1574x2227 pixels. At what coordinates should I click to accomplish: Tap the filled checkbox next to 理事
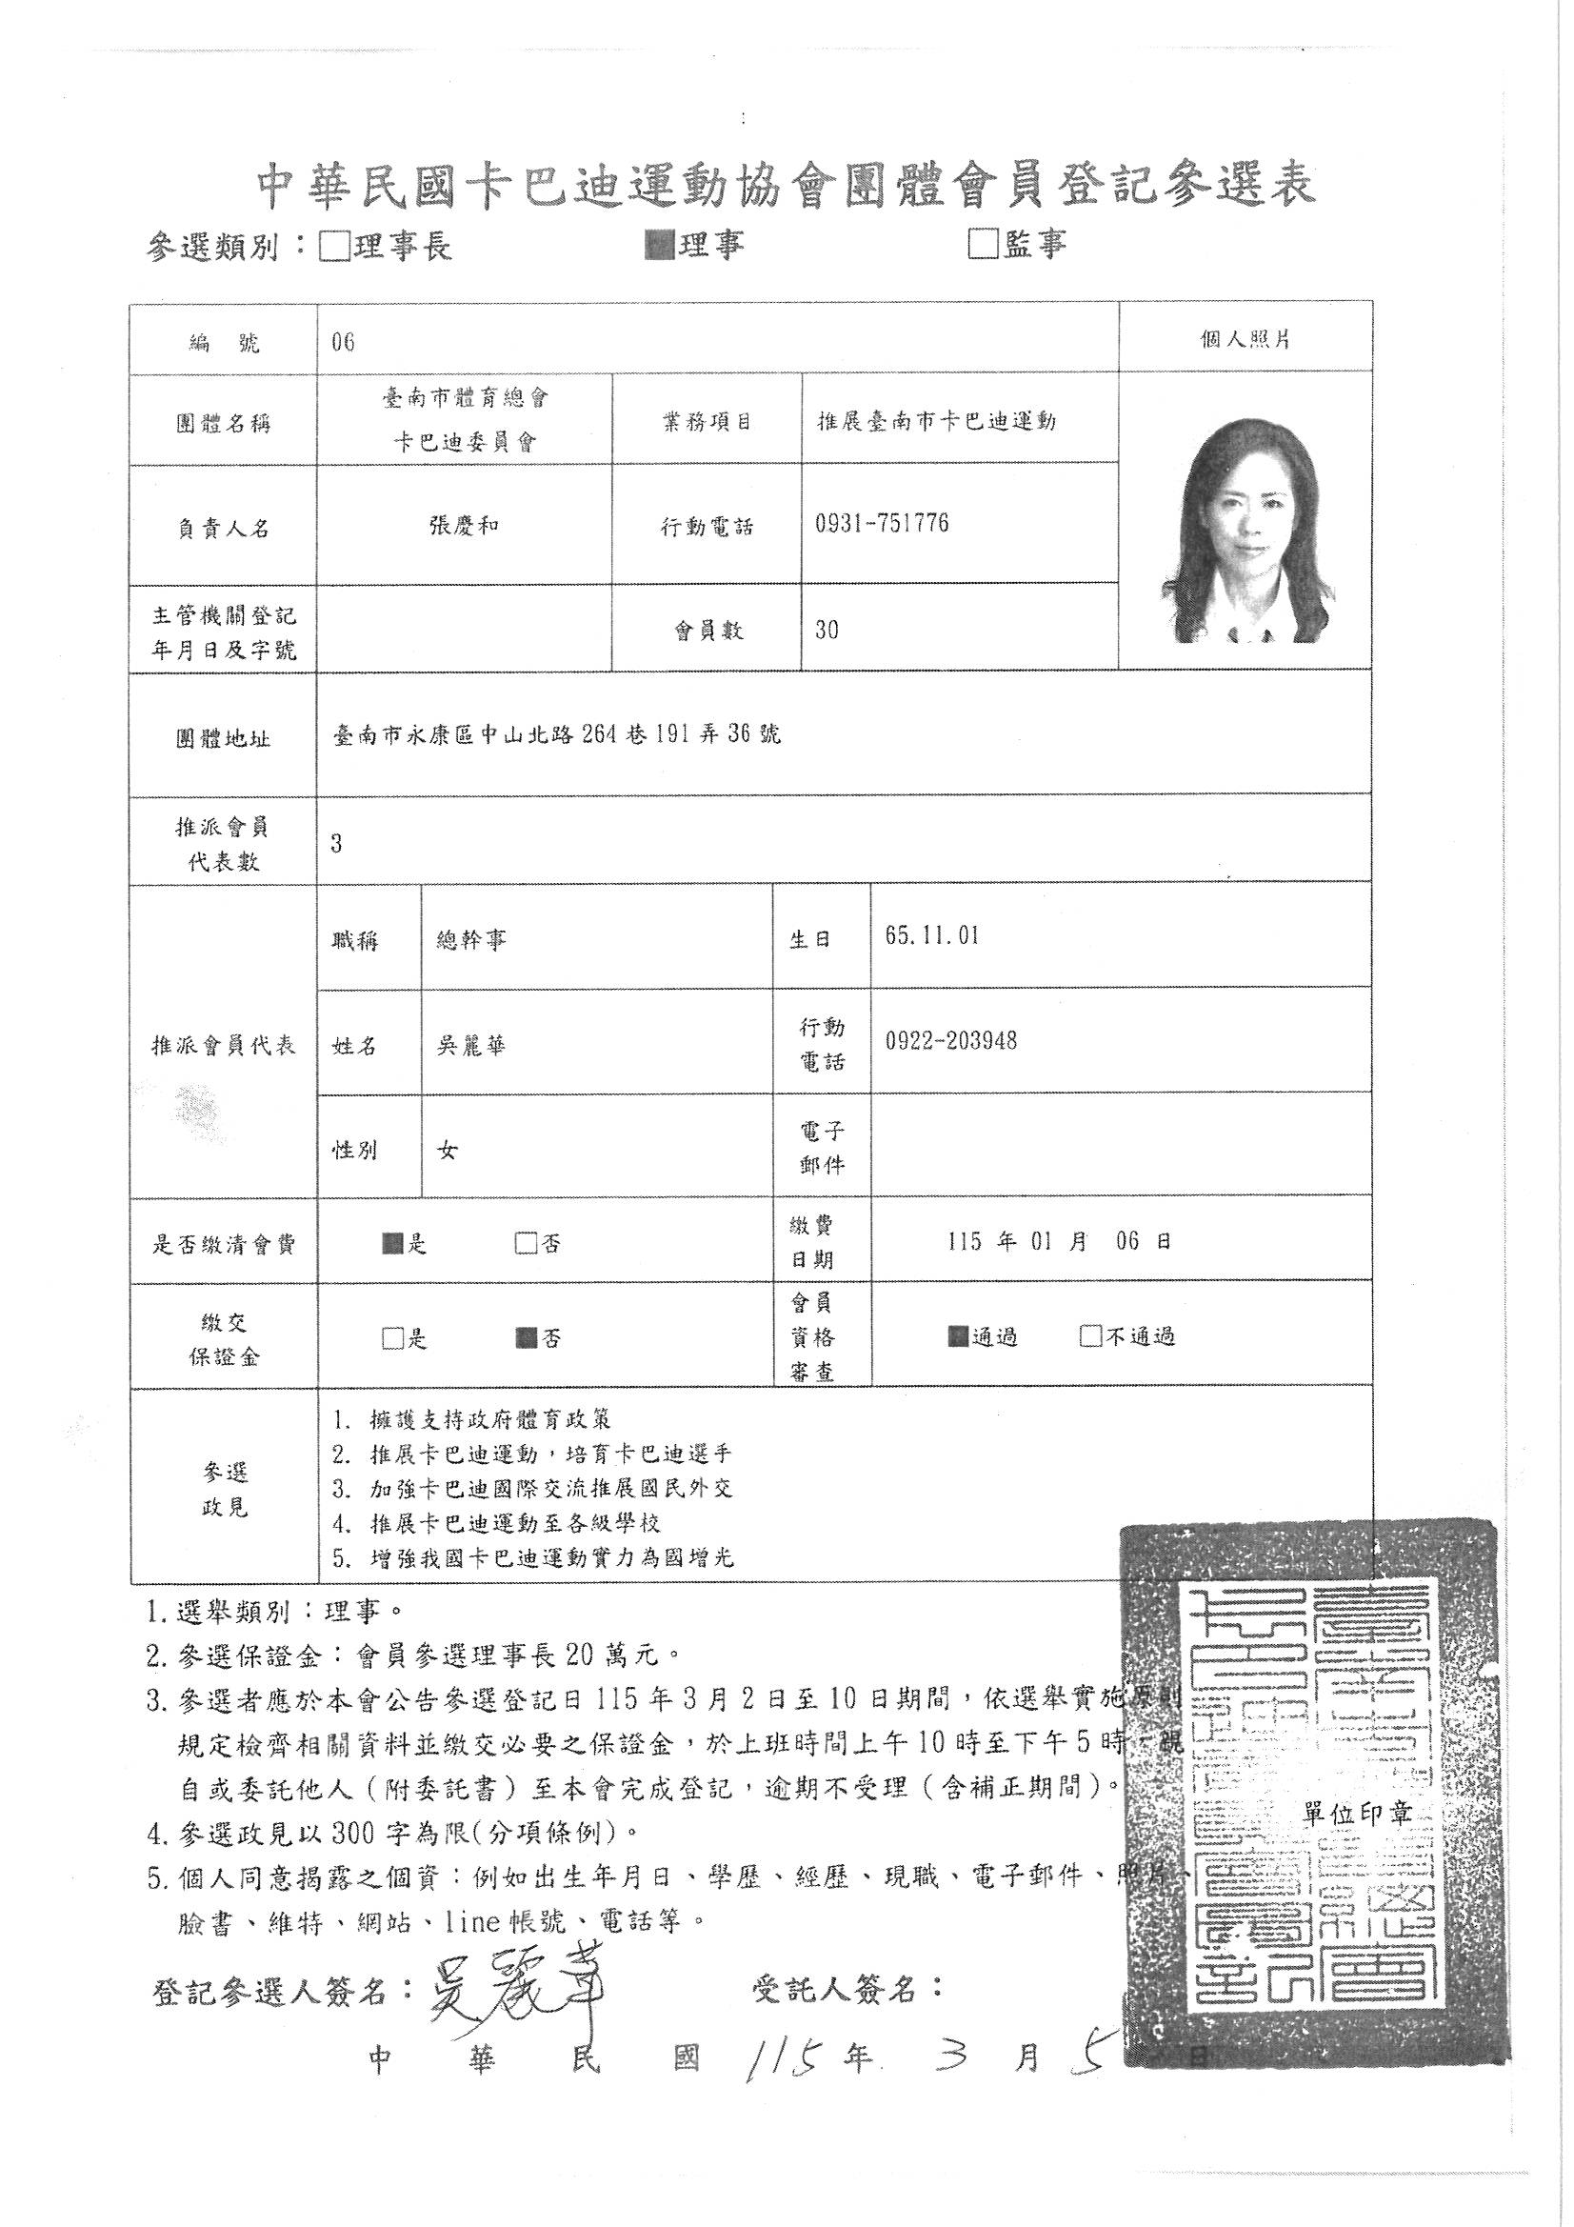660,246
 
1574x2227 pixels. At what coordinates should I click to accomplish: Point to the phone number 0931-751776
883,525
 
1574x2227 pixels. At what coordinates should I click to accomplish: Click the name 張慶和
464,527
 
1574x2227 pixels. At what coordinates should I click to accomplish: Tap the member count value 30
827,630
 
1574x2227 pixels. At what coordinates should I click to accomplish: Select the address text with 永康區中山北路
556,735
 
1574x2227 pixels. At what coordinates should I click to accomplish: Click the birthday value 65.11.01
932,936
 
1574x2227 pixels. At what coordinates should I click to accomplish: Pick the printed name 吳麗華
470,1046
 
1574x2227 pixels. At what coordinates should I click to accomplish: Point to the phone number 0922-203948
950,1042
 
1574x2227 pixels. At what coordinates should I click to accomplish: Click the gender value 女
448,1151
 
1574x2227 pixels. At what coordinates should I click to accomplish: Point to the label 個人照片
1245,340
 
